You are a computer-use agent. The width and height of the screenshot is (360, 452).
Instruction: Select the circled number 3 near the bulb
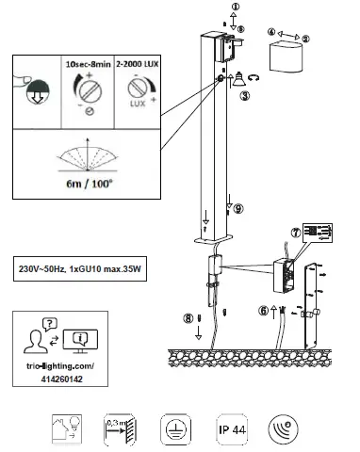[x=244, y=95]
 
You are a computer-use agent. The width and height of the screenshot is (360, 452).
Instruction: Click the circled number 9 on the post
[x=237, y=208]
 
